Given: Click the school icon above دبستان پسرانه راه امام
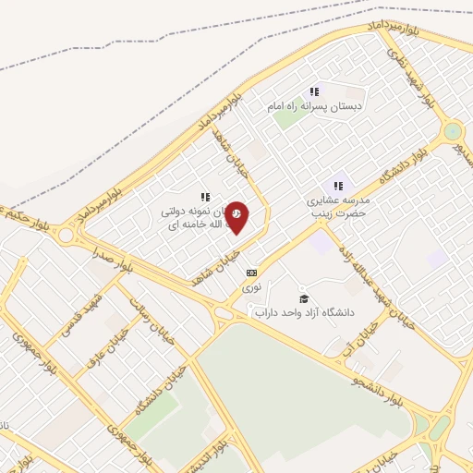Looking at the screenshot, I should (314, 91).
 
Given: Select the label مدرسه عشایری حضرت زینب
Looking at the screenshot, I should (337, 204).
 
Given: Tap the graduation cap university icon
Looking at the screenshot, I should (303, 298).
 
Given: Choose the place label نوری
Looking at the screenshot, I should (252, 288).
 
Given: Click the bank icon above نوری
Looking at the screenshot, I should (251, 273).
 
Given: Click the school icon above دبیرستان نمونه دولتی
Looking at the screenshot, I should (205, 196).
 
